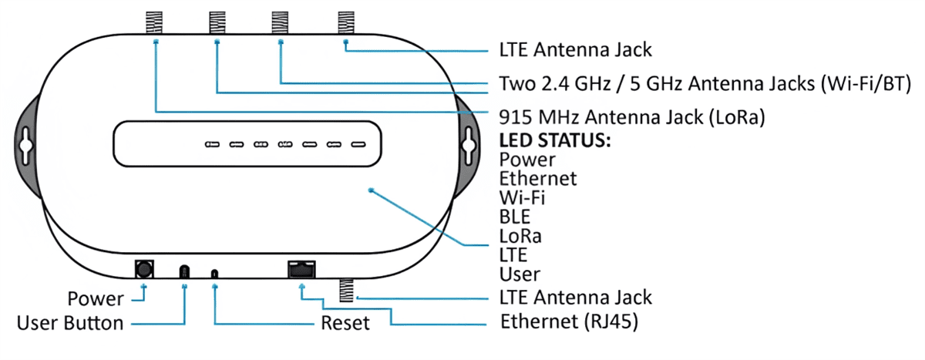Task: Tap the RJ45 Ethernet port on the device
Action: pos(300,270)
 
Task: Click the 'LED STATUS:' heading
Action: pos(555,142)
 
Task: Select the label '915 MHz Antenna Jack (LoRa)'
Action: pos(637,116)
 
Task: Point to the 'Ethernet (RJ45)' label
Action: pos(569,321)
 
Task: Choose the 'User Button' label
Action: pos(70,322)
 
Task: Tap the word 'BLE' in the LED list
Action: pos(516,217)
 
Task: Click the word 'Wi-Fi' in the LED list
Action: pos(523,197)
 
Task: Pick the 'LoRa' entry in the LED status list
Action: pos(520,235)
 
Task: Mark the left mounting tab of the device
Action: pos(23,143)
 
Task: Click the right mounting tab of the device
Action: pos(469,143)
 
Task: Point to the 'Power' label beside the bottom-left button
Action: pos(96,298)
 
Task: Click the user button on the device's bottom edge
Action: pos(184,271)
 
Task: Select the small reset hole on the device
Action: pos(214,273)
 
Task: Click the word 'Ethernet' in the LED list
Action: pos(538,179)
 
